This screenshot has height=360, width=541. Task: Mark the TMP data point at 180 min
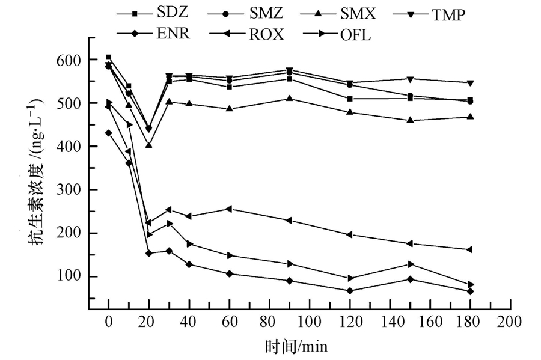click(470, 83)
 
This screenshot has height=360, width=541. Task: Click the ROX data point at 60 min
click(229, 209)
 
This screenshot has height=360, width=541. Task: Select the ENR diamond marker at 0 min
click(109, 133)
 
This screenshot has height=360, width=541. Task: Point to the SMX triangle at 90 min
click(289, 98)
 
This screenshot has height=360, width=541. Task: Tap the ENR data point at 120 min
click(349, 291)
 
